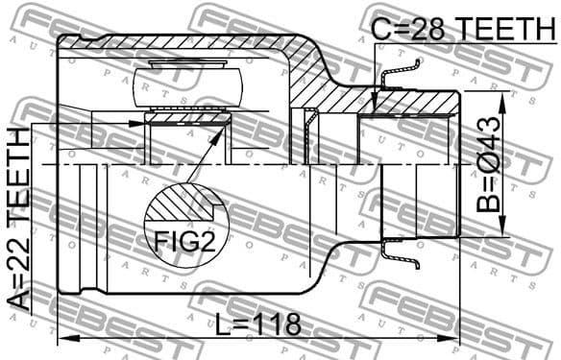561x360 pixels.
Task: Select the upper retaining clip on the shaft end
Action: point(402,77)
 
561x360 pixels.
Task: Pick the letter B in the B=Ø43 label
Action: point(488,204)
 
